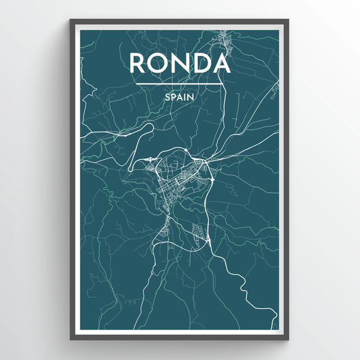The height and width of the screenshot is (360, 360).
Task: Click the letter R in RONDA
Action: (x=138, y=62)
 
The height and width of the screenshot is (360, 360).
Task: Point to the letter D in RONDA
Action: (x=202, y=62)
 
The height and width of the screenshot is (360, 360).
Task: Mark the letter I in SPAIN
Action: (x=186, y=95)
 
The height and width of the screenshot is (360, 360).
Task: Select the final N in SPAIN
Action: (x=192, y=95)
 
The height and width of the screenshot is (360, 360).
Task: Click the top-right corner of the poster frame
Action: (x=289, y=20)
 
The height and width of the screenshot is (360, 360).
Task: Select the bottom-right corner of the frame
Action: (x=289, y=340)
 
